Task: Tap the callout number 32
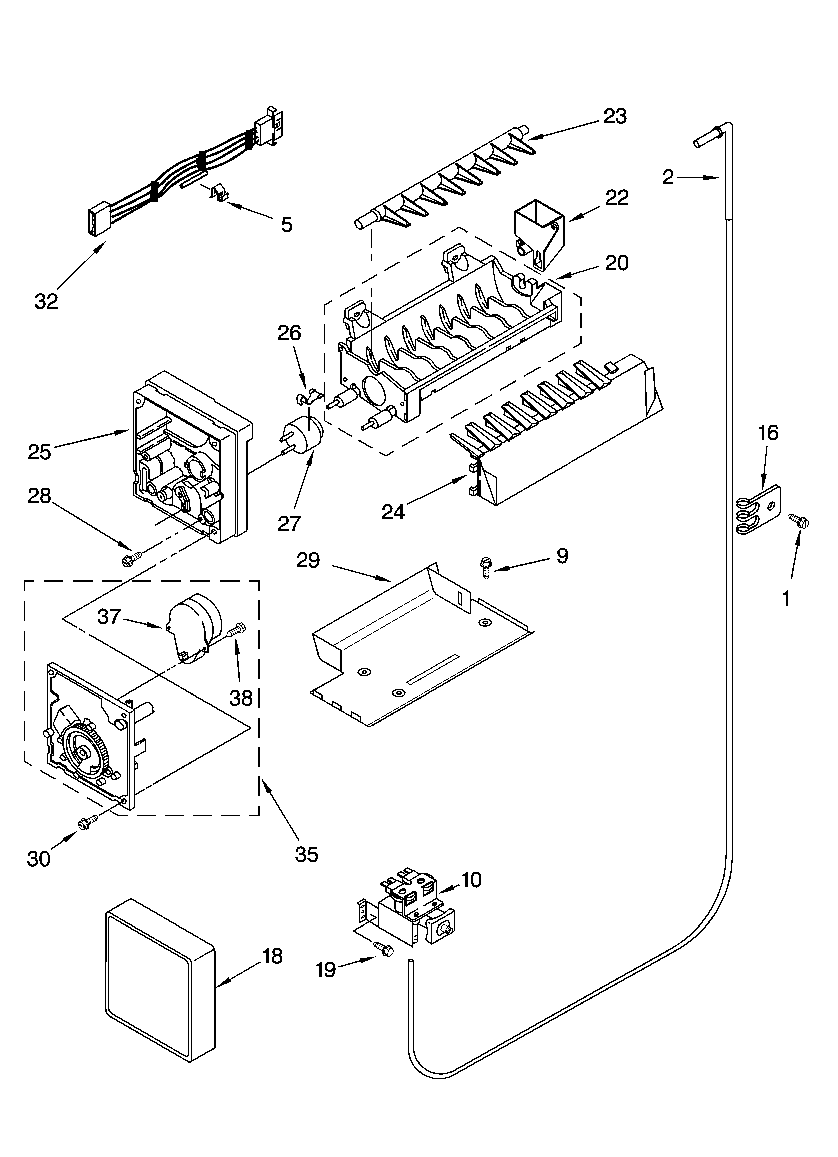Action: click(47, 302)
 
